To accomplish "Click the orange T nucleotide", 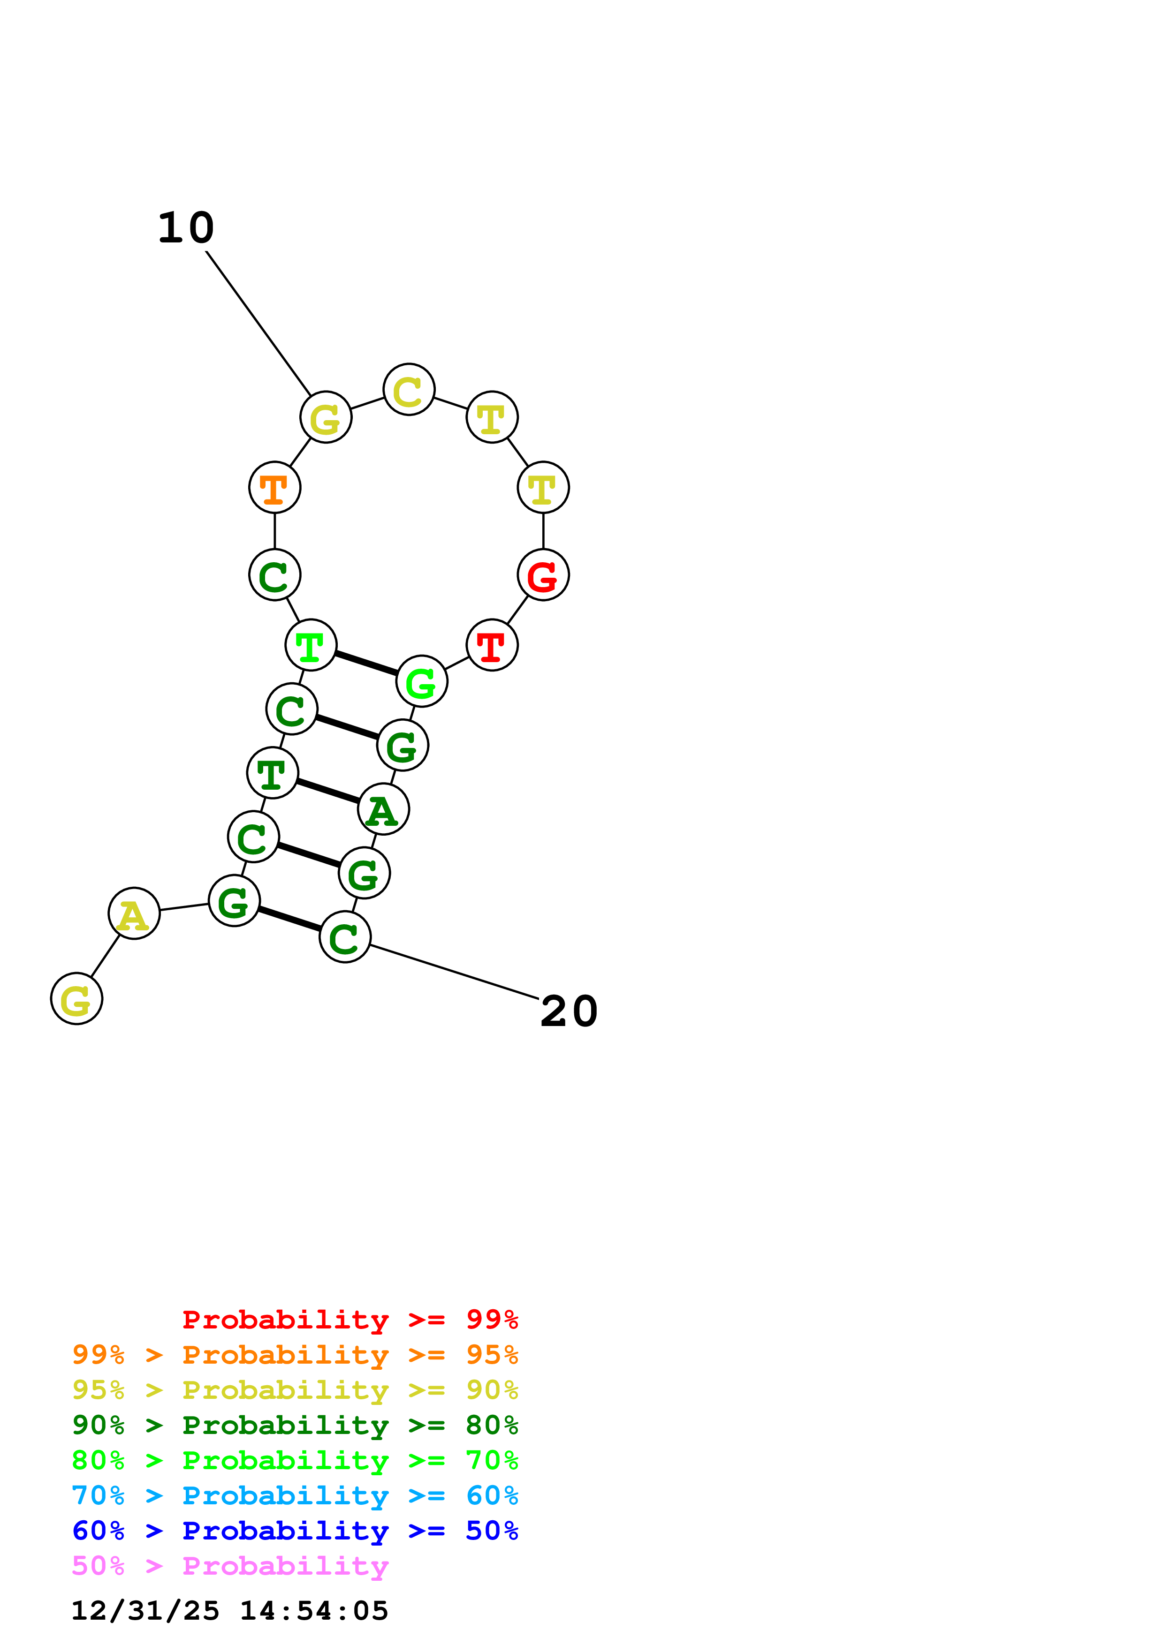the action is click(274, 487).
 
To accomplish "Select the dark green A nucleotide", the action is click(383, 809).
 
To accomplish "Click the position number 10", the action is click(186, 228).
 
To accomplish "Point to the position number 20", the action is click(569, 1011).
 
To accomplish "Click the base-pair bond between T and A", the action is click(327, 791).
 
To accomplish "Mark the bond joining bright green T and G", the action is click(366, 663).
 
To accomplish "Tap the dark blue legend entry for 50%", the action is click(295, 1531).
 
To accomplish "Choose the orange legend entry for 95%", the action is click(295, 1354).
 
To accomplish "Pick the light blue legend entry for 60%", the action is click(295, 1495).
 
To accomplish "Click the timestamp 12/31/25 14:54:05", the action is click(229, 1611).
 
